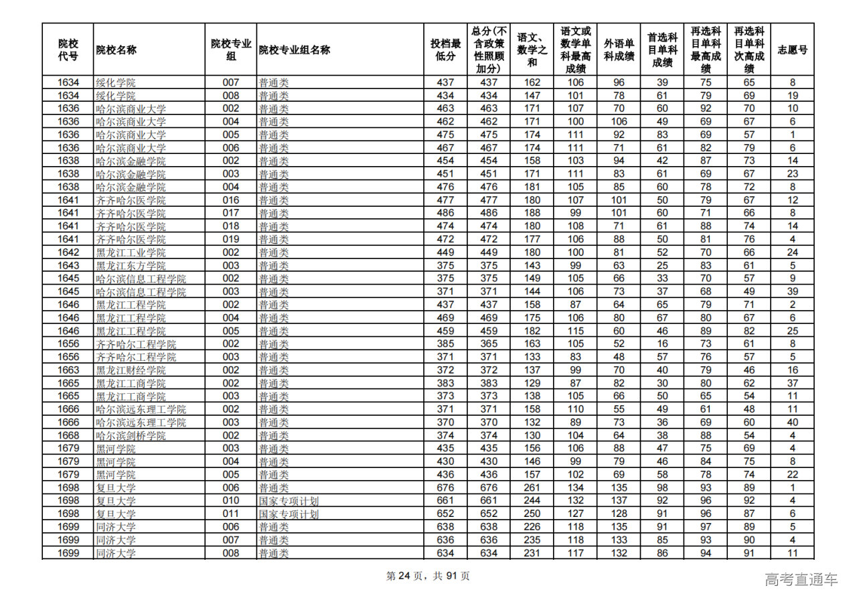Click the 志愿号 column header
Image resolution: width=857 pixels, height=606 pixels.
pyautogui.click(x=792, y=50)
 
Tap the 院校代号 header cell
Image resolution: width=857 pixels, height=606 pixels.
pyautogui.click(x=68, y=50)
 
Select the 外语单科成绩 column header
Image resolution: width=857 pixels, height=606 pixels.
pyautogui.click(x=619, y=50)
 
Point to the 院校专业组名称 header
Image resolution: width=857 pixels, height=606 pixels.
pyautogui.click(x=295, y=50)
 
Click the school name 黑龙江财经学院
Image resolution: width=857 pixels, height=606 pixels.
pyautogui.click(x=131, y=370)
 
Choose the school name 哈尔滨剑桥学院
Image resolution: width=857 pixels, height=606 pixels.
pyautogui.click(x=131, y=436)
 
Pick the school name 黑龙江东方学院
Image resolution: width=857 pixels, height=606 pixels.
pyautogui.click(x=131, y=266)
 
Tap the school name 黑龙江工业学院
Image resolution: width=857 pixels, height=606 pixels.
pyautogui.click(x=131, y=252)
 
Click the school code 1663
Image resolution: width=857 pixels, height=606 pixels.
pyautogui.click(x=68, y=370)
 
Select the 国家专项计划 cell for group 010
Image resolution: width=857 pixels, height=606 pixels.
pyautogui.click(x=289, y=501)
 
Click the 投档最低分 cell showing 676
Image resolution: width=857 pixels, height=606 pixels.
pyautogui.click(x=445, y=488)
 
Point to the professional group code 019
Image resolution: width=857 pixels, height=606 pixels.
pyautogui.click(x=231, y=239)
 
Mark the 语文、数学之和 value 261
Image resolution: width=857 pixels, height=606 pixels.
pyautogui.click(x=532, y=488)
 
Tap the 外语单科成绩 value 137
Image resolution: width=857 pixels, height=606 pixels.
pyautogui.click(x=619, y=501)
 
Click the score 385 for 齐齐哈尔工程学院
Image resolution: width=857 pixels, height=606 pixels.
pyautogui.click(x=445, y=344)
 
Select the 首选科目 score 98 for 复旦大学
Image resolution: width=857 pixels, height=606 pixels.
pyautogui.click(x=662, y=488)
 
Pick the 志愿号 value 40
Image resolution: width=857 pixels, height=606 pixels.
pyautogui.click(x=792, y=423)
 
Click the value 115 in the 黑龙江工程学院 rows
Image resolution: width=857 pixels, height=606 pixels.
pyautogui.click(x=576, y=331)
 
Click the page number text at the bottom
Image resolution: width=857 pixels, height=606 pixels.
pyautogui.click(x=428, y=576)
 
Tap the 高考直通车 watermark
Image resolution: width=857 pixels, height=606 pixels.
pyautogui.click(x=801, y=579)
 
